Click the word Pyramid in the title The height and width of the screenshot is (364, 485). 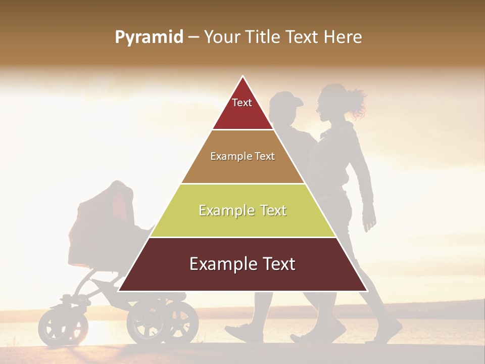tap(149, 37)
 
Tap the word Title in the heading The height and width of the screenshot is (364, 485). tap(263, 37)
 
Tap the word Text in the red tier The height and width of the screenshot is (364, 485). tap(241, 103)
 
